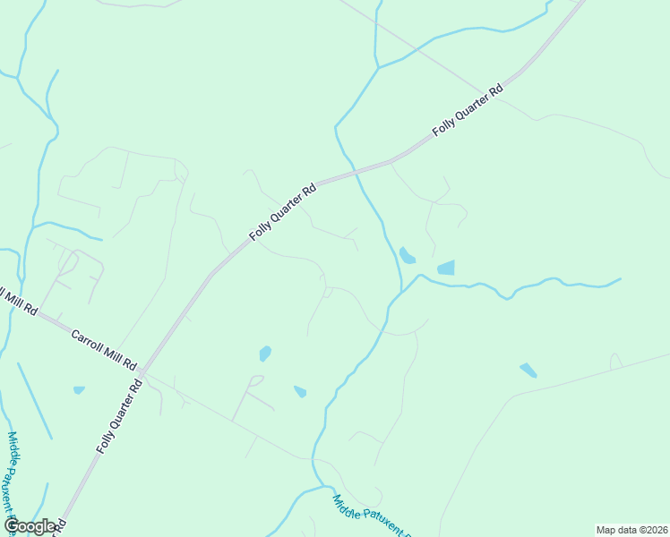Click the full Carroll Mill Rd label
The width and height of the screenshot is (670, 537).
103,349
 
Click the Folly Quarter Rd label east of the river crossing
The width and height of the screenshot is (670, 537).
468,111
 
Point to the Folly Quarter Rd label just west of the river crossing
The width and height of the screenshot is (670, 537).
282,212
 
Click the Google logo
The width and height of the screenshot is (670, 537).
30,526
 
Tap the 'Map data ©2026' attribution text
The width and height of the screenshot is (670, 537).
631,530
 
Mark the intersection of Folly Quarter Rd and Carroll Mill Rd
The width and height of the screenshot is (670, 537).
143,371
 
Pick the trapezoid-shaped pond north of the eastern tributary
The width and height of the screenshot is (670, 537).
446,268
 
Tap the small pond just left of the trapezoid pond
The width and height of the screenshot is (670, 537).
407,256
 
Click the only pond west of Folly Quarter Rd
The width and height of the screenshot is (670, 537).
79,390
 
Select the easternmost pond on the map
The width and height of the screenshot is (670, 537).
528,370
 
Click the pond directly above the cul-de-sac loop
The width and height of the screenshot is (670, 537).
265,354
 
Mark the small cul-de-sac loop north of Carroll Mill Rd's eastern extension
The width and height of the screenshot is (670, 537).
256,381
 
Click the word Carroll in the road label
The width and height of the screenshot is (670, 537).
90,342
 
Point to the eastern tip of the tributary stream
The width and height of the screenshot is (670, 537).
621,279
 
